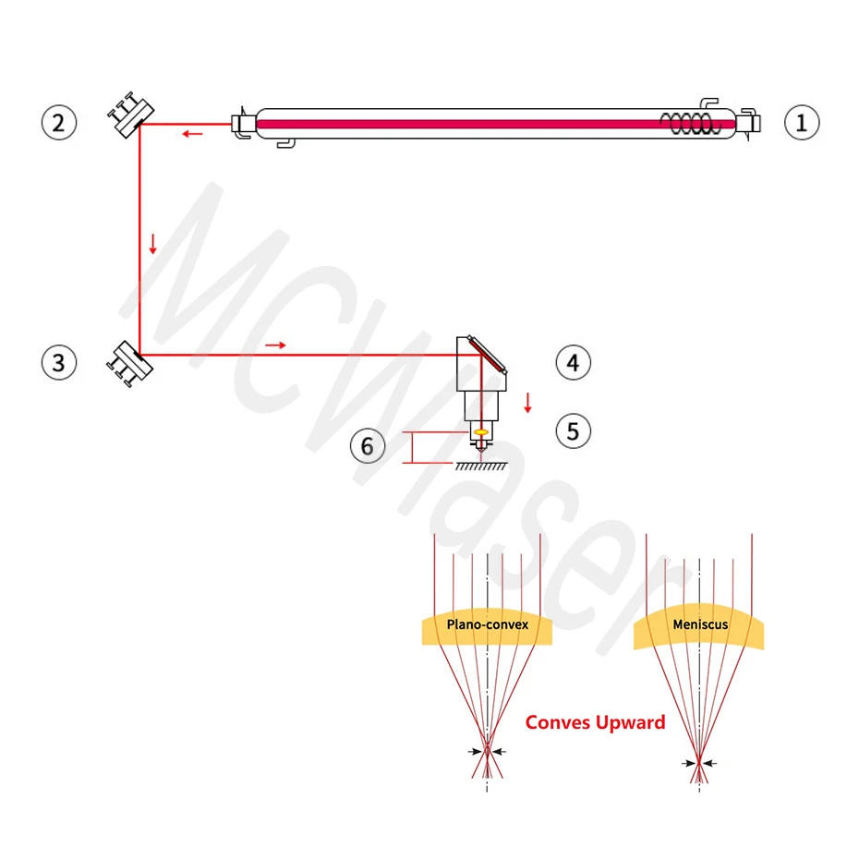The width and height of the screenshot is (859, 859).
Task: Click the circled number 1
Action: coord(802,122)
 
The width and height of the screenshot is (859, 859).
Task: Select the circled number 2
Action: coord(59,122)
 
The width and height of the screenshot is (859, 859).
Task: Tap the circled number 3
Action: coord(59,362)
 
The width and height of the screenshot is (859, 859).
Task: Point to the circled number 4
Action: coord(573,362)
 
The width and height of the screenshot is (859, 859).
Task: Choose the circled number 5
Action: coord(573,430)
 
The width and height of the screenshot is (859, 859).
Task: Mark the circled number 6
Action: coord(367,447)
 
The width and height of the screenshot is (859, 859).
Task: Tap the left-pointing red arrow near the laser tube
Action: coord(192,134)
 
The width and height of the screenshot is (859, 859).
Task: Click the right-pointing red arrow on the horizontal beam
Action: coord(275,345)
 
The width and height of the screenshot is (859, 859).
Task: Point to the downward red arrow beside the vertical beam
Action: coord(153,245)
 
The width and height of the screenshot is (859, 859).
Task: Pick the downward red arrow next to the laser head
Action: coord(527,403)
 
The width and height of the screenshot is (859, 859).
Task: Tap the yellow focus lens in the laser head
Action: coord(480,432)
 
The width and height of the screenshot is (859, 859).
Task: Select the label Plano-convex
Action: coord(488,624)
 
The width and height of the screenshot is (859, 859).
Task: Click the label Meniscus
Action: coord(700,624)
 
